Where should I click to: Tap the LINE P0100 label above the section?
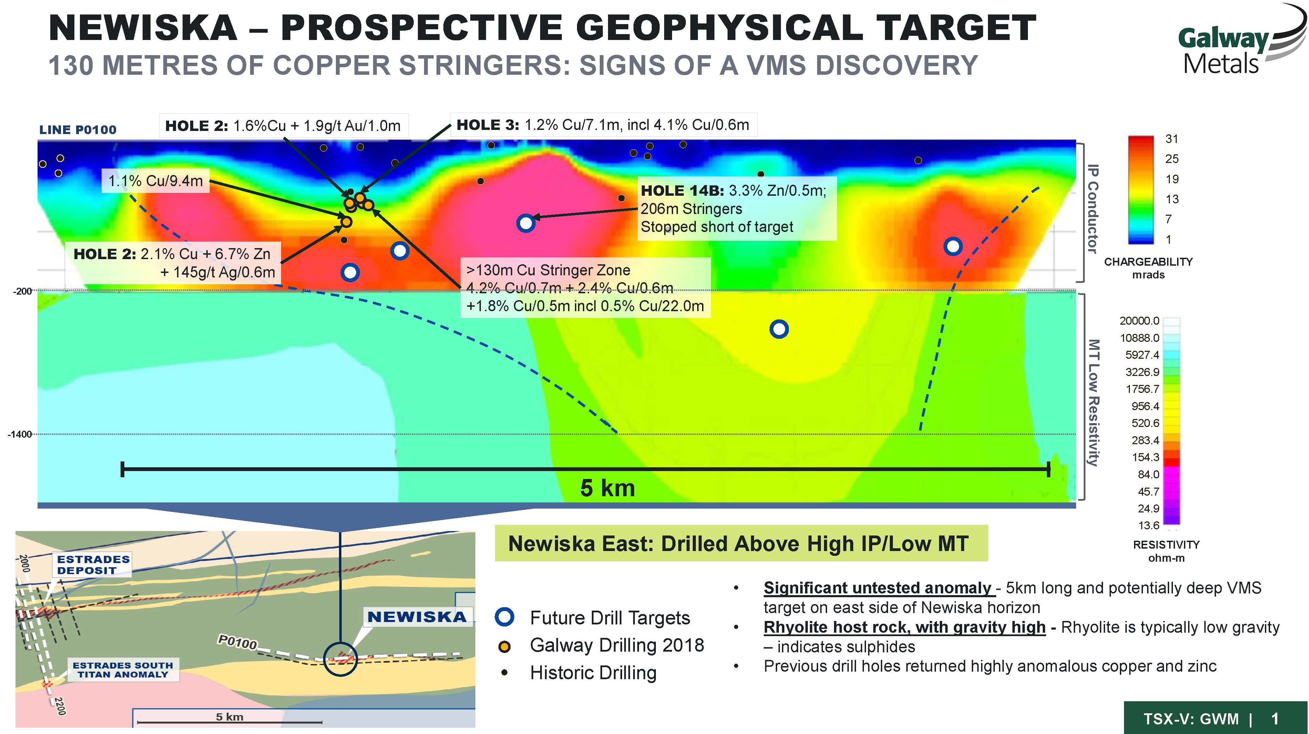(78, 130)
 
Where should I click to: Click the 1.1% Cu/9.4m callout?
(155, 181)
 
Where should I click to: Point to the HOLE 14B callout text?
(733, 208)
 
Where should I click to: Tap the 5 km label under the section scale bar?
(607, 488)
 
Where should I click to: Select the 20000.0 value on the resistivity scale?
(1139, 321)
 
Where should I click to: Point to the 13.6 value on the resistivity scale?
(1148, 525)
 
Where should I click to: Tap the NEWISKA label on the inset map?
(417, 616)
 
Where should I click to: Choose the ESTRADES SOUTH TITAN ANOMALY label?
(123, 670)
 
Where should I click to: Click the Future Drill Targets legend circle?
(505, 617)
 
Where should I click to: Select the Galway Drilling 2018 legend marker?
(505, 646)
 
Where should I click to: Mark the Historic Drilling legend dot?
(505, 673)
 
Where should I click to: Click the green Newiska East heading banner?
(741, 543)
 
